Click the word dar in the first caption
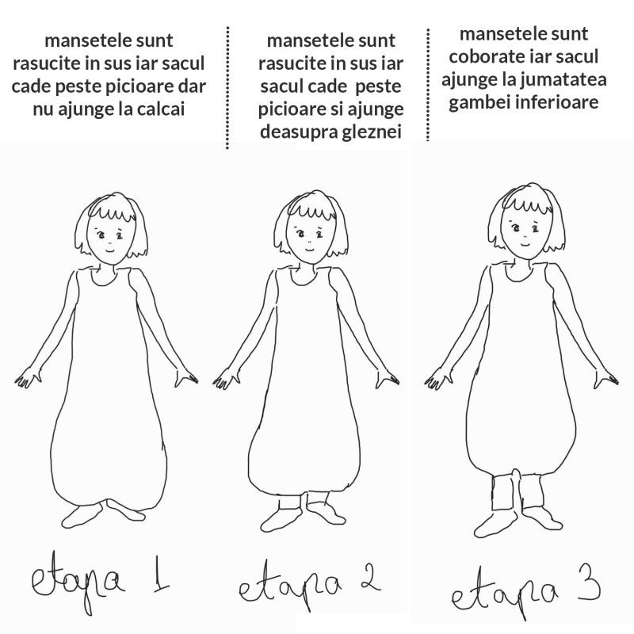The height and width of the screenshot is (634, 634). point(193,86)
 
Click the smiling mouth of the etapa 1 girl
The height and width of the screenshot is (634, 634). point(109,250)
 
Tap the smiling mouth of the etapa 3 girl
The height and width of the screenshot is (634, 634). point(525,245)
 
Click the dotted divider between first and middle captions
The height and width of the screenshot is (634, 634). point(227,88)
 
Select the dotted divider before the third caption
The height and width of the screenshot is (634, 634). point(428,84)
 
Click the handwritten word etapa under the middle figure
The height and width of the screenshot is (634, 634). point(290,586)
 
